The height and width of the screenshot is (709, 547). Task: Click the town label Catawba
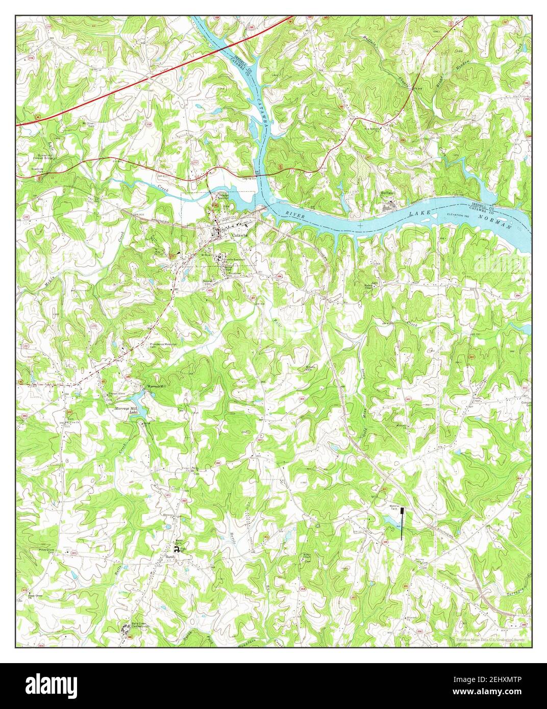[239, 235]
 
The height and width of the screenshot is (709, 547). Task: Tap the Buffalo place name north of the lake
[389, 193]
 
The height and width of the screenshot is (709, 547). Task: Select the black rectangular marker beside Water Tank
[402, 523]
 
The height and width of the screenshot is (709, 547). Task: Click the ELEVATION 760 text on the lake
[457, 215]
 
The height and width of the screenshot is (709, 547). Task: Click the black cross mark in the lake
[360, 224]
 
